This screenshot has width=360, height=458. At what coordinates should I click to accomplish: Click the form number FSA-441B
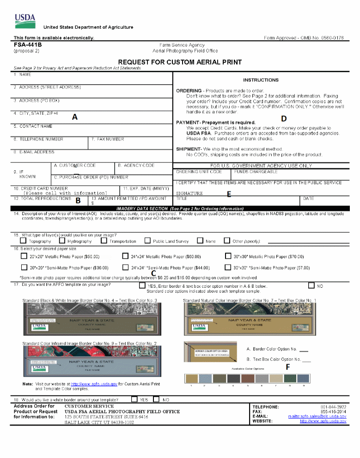click(x=28, y=45)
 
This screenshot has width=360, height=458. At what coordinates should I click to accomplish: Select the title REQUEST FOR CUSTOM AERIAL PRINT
click(x=180, y=62)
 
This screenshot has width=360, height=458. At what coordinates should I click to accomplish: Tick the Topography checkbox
click(x=23, y=241)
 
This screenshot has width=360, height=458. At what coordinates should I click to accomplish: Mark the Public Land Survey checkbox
click(x=147, y=241)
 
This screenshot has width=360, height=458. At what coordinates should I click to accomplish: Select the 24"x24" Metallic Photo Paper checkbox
click(x=125, y=256)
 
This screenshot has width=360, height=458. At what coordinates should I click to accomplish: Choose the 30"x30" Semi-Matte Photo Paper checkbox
click(x=227, y=267)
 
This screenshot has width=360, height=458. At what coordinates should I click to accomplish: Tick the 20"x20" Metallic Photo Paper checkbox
click(x=24, y=256)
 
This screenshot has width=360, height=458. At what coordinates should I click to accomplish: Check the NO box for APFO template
click(x=311, y=286)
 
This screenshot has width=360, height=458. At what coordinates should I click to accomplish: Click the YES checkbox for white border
click(x=134, y=399)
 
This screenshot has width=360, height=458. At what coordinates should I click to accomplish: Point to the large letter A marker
click(x=74, y=118)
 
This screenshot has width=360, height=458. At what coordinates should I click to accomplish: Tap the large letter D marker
click(x=284, y=119)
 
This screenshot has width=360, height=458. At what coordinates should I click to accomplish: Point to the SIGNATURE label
click(x=189, y=193)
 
